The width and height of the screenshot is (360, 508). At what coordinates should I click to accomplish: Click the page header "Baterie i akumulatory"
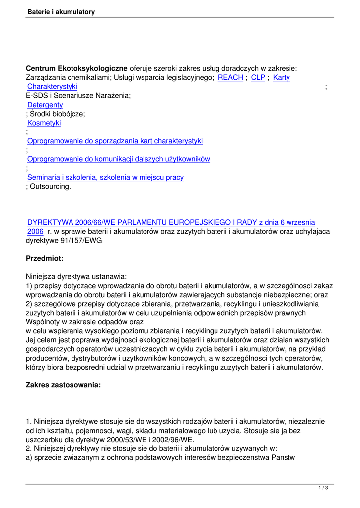[61, 12]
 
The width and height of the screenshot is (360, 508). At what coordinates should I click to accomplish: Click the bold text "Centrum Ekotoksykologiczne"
[76, 68]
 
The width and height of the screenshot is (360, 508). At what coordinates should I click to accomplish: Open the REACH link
[230, 77]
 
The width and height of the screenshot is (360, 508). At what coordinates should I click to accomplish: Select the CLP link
[258, 77]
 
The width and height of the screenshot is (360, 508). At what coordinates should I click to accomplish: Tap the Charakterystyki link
[52, 87]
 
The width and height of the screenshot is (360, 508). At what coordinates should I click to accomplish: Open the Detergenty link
[45, 105]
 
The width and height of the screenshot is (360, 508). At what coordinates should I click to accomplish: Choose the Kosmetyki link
[44, 123]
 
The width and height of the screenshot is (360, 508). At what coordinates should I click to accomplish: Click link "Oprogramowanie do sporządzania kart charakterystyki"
[115, 141]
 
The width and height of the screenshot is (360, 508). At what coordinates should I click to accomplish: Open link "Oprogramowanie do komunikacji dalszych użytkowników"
[118, 159]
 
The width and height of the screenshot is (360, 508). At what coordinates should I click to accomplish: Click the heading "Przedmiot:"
[45, 258]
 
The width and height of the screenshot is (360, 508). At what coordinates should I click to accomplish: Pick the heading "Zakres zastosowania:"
[63, 384]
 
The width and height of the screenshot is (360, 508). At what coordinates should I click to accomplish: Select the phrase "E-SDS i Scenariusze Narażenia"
[78, 96]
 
